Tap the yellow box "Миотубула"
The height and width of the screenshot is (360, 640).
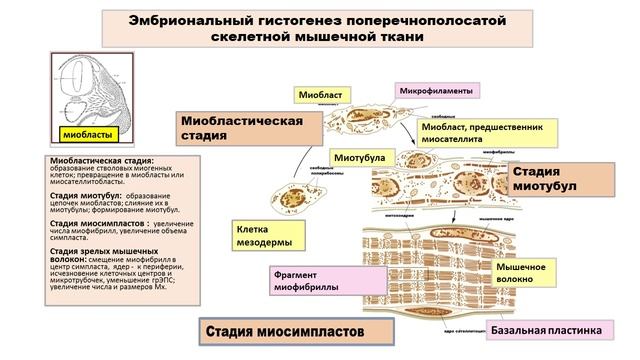pos(360,158)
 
